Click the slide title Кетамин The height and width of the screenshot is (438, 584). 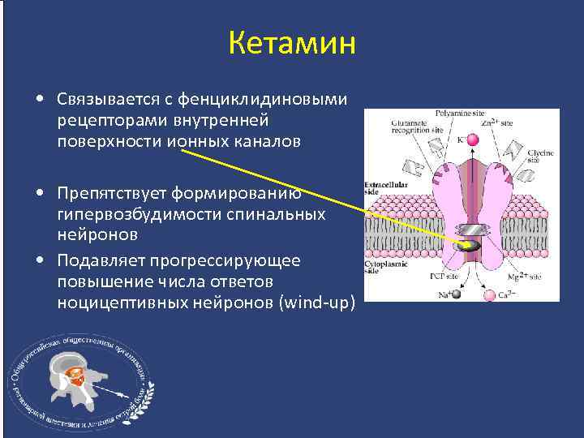tap(292, 42)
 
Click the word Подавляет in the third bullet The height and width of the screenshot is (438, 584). tap(96, 260)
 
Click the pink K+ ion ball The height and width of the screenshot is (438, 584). tap(473, 140)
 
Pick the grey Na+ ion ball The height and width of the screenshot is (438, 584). tap(455, 295)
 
